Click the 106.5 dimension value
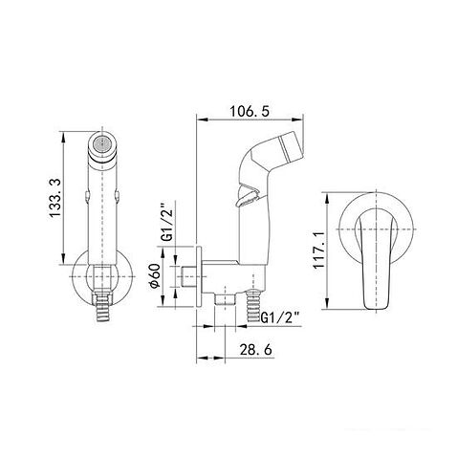pyautogui.click(x=250, y=112)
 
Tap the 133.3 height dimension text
pyautogui.click(x=55, y=198)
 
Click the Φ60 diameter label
pyautogui.click(x=155, y=275)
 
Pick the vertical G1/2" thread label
pyautogui.click(x=167, y=222)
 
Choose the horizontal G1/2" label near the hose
pyautogui.click(x=281, y=318)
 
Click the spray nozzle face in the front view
pyautogui.click(x=101, y=144)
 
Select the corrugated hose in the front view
pyautogui.click(x=102, y=308)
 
